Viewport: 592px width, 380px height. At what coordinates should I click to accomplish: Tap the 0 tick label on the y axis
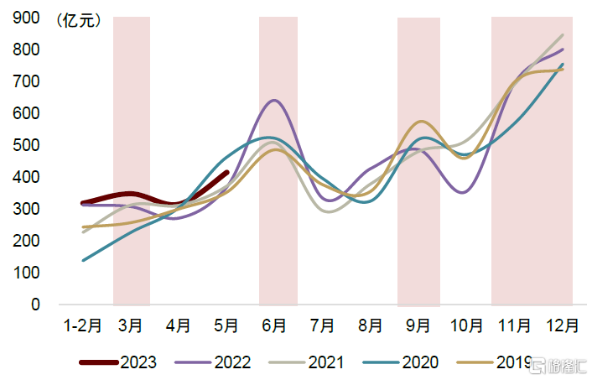36,305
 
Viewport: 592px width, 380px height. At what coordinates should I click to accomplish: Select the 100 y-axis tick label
27,273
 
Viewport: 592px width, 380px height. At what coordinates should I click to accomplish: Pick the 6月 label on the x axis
274,325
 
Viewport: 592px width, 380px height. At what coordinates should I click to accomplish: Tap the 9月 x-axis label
418,325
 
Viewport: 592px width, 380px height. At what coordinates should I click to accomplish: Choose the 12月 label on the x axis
562,325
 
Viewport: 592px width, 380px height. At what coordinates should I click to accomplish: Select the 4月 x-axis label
179,325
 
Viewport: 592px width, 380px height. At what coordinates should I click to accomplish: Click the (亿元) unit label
78,21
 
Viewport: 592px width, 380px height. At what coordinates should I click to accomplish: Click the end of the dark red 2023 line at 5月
226,173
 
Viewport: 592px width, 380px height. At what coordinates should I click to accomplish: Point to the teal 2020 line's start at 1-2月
83,260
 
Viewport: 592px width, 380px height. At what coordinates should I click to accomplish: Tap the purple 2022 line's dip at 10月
463,193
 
